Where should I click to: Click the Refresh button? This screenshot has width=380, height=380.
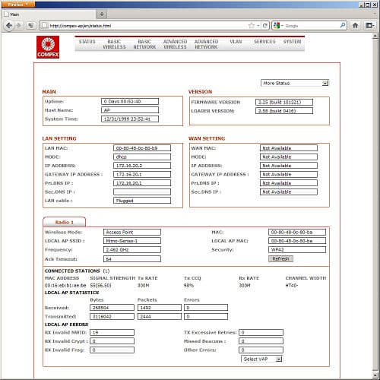pyautogui.click(x=280, y=258)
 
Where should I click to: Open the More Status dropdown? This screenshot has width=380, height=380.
pyautogui.click(x=294, y=83)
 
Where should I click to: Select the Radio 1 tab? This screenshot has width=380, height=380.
pyautogui.click(x=64, y=221)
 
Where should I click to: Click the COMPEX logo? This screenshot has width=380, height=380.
pyautogui.click(x=51, y=47)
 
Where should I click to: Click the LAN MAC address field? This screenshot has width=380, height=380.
pyautogui.click(x=141, y=147)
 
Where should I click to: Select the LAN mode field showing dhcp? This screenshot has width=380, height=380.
pyautogui.click(x=141, y=157)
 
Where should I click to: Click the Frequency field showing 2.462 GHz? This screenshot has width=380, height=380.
pyautogui.click(x=131, y=249)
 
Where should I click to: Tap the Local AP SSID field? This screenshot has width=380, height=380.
pyautogui.click(x=131, y=240)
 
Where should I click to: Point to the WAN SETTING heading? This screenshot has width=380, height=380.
pyautogui.click(x=207, y=138)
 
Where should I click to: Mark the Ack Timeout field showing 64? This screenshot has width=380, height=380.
pyautogui.click(x=131, y=258)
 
